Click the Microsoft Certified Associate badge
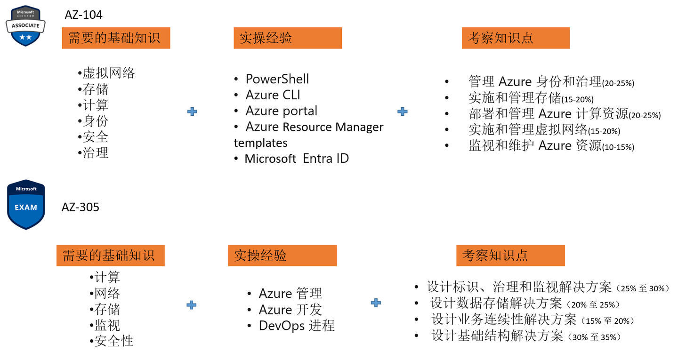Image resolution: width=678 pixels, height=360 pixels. point(26,26)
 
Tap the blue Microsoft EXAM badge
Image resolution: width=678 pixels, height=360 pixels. point(26,204)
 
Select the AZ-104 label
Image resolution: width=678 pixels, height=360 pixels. point(83,15)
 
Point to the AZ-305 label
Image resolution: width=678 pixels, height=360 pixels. point(81,207)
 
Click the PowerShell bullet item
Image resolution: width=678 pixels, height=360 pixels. point(277,79)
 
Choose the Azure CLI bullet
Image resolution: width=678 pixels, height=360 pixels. point(273,95)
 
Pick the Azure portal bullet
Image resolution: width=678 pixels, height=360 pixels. point(281,111)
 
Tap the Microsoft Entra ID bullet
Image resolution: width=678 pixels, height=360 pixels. point(297,159)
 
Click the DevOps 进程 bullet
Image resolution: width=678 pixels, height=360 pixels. point(297,326)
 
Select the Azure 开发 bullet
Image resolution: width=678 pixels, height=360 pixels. point(290,310)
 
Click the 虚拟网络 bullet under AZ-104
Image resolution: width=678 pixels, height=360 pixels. point(109,73)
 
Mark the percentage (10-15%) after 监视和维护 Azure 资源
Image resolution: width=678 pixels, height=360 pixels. point(618,147)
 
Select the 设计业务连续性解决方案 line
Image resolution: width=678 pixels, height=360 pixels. point(504,320)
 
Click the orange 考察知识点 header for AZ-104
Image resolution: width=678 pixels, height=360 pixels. point(516,38)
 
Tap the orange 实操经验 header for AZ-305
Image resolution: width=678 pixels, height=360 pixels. point(282,256)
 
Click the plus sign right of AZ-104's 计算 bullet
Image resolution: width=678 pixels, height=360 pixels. point(192,112)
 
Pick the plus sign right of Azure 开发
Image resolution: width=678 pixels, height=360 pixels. point(376,303)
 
